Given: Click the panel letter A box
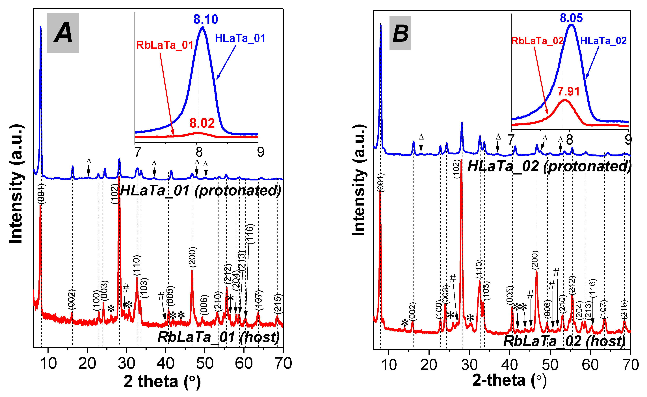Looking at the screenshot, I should pyautogui.click(x=63, y=33).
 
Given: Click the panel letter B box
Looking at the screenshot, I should pyautogui.click(x=400, y=33).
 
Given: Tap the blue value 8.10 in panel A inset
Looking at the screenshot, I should pyautogui.click(x=206, y=19).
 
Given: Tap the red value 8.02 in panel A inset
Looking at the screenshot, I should pyautogui.click(x=202, y=123).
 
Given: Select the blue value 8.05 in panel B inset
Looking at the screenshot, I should pyautogui.click(x=571, y=18).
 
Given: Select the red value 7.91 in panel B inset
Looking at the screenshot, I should pyautogui.click(x=568, y=91).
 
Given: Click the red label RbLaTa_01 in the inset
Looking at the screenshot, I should pyautogui.click(x=165, y=45).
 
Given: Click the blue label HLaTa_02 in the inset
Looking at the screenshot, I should pyautogui.click(x=603, y=41).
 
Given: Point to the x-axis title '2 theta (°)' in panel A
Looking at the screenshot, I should pyautogui.click(x=162, y=381).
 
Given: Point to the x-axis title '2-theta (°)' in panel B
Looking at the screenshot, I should pyautogui.click(x=509, y=380).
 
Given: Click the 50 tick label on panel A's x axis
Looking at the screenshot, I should pyautogui.click(x=205, y=363).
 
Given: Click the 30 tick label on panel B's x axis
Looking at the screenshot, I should pyautogui.click(x=469, y=365).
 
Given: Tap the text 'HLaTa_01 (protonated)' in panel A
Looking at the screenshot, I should pyautogui.click(x=200, y=191).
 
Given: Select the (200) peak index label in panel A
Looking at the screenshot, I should pyautogui.click(x=192, y=257).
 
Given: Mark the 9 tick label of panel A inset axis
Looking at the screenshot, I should pyautogui.click(x=260, y=152).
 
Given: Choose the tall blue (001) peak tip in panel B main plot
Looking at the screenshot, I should pyautogui.click(x=381, y=25).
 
